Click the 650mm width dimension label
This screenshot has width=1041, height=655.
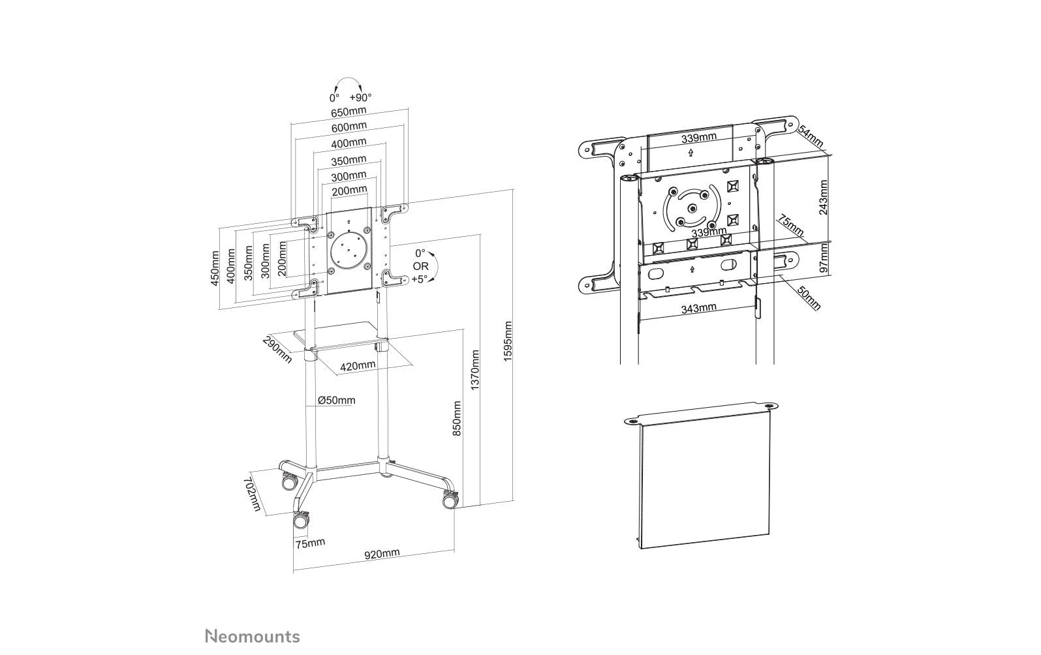[348, 111]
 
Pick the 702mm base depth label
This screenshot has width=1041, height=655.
[252, 495]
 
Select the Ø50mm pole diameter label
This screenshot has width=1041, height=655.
[336, 400]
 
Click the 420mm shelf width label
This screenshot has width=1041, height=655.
[357, 366]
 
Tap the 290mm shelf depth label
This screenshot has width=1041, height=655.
[277, 350]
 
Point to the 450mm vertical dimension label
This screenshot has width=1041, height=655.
[214, 268]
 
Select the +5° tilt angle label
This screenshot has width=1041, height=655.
[420, 279]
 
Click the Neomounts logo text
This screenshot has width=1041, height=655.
[253, 636]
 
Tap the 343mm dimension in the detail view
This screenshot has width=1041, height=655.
[698, 308]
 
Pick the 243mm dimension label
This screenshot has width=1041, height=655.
[823, 198]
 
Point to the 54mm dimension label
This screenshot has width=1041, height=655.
[811, 137]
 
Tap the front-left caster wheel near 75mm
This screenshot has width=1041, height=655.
[301, 520]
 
